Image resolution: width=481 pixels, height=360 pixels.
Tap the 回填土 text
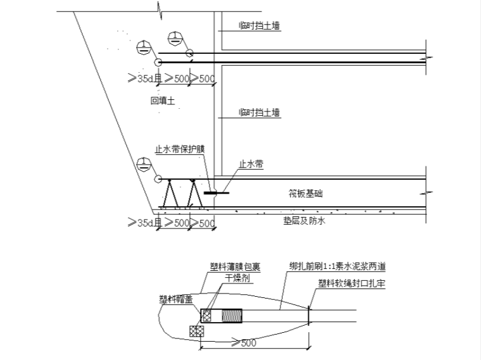point(163,100)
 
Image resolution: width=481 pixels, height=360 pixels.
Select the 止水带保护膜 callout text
point(180,150)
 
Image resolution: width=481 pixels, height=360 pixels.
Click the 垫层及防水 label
point(304,221)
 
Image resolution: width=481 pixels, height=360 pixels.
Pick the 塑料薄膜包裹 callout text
point(235,268)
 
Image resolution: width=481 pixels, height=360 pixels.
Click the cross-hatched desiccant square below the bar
point(195,330)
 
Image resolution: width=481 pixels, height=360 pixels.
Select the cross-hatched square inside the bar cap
point(208,314)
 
